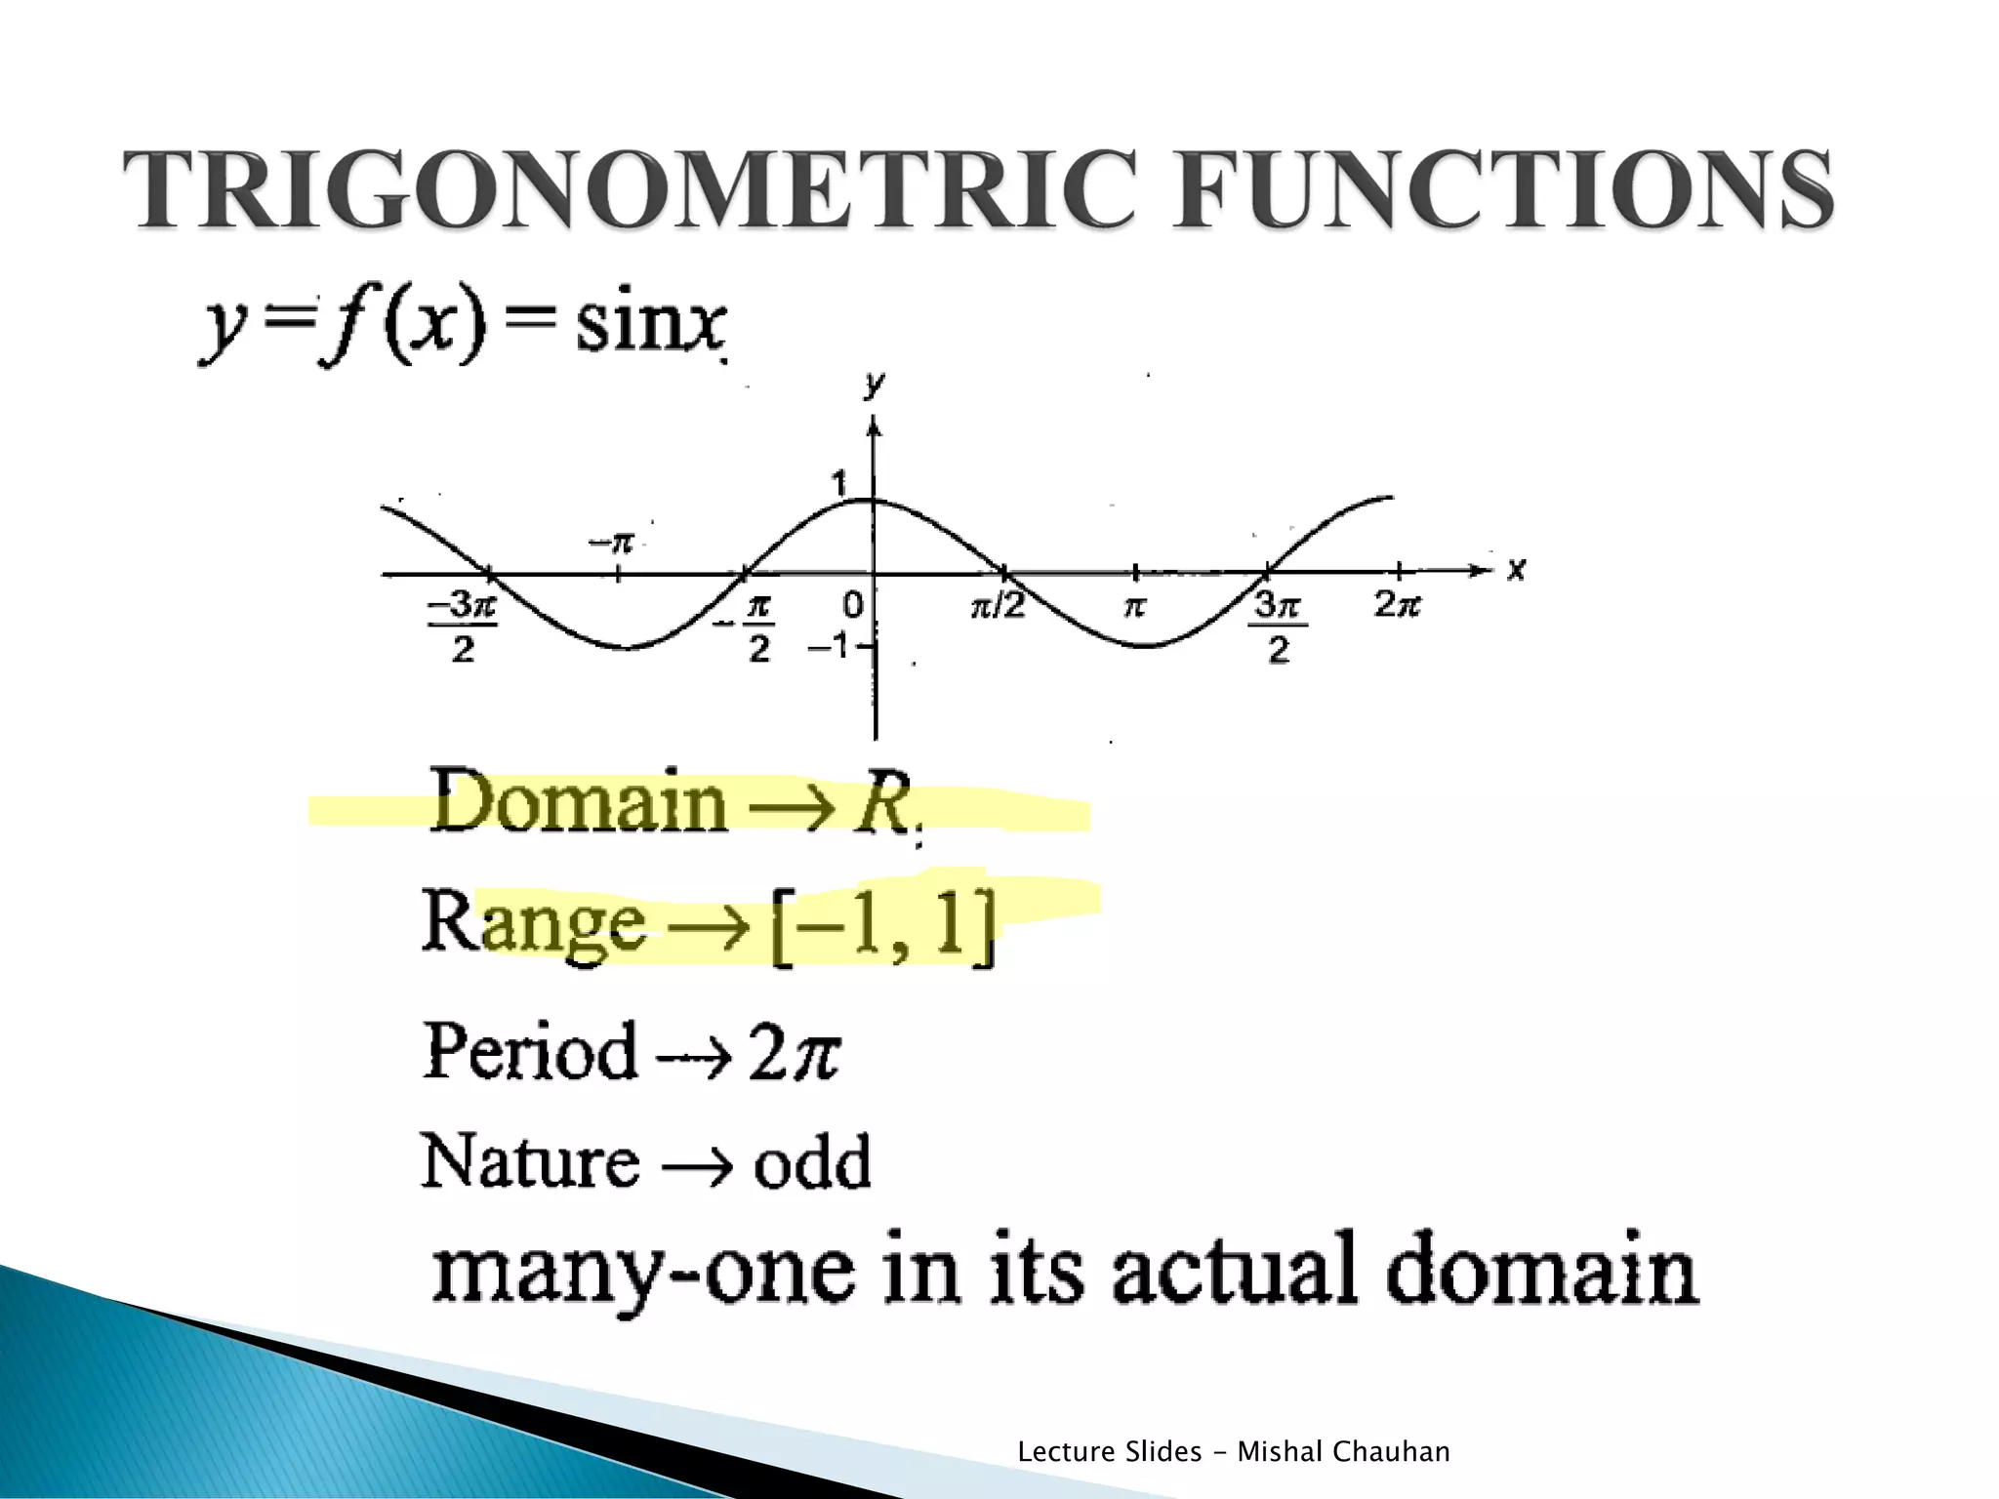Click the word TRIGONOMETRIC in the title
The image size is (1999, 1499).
(x=630, y=190)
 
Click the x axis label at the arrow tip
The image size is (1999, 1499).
(x=1515, y=569)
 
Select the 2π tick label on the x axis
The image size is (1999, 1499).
(x=1397, y=605)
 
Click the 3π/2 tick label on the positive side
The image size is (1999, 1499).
(x=1278, y=627)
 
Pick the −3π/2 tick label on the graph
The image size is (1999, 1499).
(x=463, y=627)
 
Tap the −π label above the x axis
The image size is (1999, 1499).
(x=613, y=543)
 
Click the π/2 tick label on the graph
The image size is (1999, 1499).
(x=998, y=606)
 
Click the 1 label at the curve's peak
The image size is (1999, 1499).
(x=838, y=483)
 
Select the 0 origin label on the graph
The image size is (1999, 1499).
(x=852, y=606)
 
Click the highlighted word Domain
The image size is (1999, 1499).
(x=579, y=802)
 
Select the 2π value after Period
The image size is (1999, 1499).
(x=793, y=1052)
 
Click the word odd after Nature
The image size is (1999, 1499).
(x=812, y=1162)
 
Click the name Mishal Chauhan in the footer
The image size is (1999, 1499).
(x=1343, y=1451)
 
